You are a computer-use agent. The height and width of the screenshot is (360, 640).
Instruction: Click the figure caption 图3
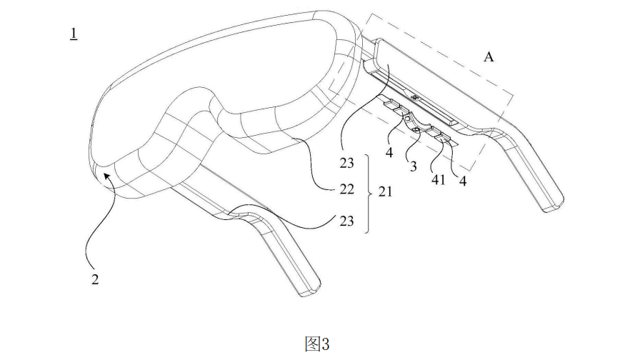(316, 344)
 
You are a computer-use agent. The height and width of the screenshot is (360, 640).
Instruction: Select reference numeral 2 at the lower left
(94, 279)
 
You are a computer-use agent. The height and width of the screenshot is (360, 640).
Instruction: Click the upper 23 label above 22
(346, 163)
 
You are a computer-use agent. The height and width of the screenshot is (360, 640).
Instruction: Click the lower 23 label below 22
(346, 221)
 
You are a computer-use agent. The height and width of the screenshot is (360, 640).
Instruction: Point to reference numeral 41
(439, 181)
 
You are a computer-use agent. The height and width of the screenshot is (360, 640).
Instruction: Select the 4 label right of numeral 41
(463, 181)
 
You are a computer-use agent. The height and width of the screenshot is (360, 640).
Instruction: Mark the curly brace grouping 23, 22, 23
(367, 193)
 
